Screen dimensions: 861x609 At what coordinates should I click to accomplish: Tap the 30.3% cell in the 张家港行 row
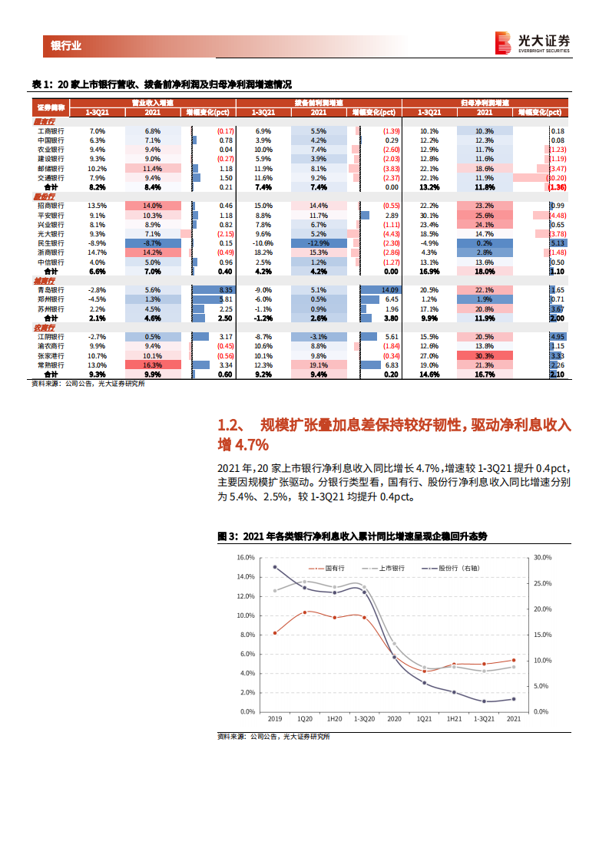point(484,356)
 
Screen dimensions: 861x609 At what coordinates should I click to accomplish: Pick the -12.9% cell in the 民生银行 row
point(319,242)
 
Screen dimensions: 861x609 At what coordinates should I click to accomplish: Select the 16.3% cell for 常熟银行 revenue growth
point(153,365)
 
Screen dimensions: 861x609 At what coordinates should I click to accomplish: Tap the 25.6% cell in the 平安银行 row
point(484,215)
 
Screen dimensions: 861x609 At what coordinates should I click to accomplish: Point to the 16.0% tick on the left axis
point(245,557)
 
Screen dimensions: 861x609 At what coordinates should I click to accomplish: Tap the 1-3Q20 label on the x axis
point(364,719)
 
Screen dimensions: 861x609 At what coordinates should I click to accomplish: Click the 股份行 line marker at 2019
point(275,567)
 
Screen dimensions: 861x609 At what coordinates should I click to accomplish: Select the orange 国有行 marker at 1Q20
point(305,612)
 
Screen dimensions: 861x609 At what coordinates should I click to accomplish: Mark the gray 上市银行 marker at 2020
point(395,644)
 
